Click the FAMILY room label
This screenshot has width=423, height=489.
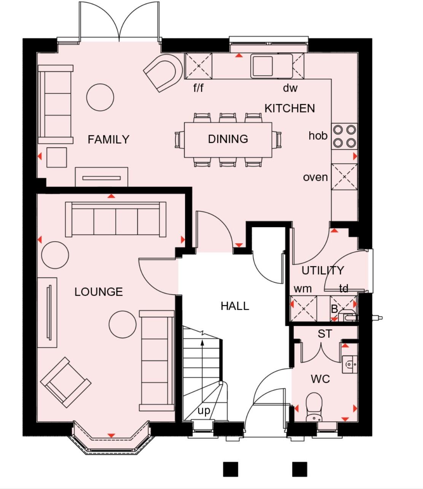pyautogui.click(x=108, y=139)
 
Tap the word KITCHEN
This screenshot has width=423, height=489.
pyautogui.click(x=290, y=108)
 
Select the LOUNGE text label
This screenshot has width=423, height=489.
pyautogui.click(x=99, y=292)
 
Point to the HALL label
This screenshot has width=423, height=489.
pyautogui.click(x=235, y=306)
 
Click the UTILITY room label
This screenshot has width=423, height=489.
pyautogui.click(x=323, y=271)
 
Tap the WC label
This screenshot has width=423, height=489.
pyautogui.click(x=320, y=379)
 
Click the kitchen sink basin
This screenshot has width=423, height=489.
pyautogui.click(x=262, y=65)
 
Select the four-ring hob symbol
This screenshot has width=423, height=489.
pyautogui.click(x=344, y=136)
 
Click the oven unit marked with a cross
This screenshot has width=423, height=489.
pyautogui.click(x=344, y=177)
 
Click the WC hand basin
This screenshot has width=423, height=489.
pyautogui.click(x=349, y=364)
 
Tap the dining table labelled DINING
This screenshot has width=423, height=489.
pyautogui.click(x=228, y=139)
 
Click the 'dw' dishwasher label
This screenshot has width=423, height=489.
pyautogui.click(x=290, y=88)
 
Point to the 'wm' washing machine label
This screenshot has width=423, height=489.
pyautogui.click(x=302, y=288)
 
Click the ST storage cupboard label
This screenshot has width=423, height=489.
pyautogui.click(x=324, y=334)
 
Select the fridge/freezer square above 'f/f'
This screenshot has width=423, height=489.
pyautogui.click(x=198, y=66)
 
